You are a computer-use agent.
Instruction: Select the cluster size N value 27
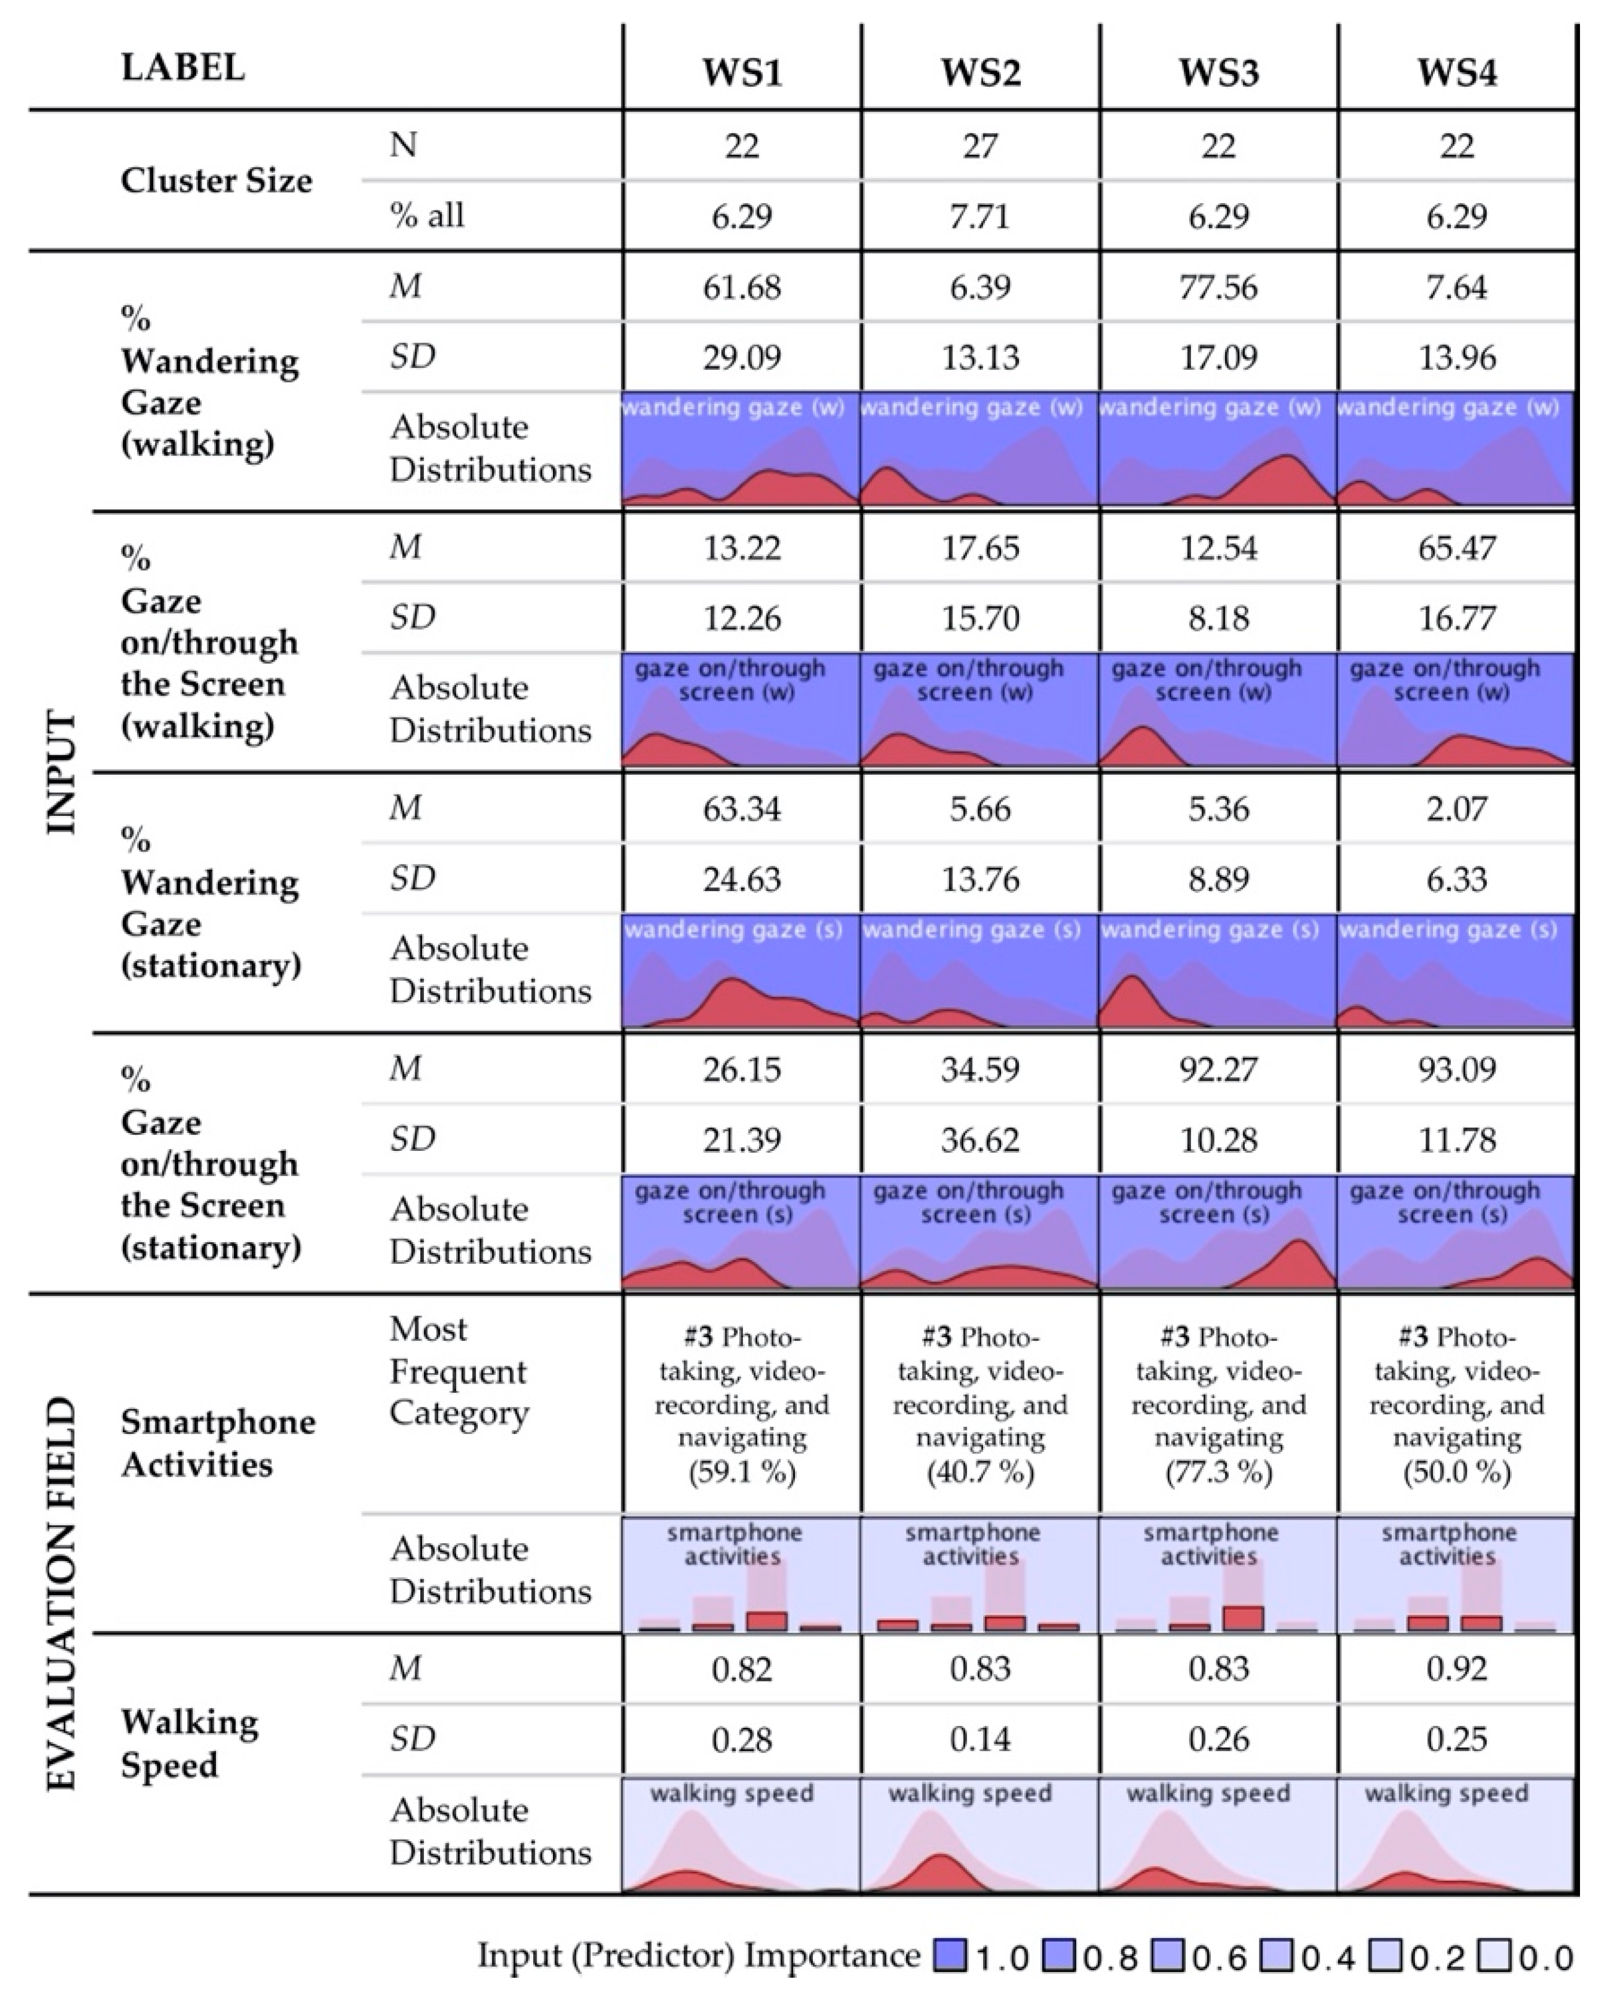tap(980, 145)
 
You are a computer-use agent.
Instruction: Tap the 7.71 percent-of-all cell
tap(980, 216)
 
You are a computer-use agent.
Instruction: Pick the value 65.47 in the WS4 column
tap(1457, 548)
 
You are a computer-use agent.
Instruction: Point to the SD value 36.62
tap(980, 1139)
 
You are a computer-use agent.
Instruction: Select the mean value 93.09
tap(1457, 1069)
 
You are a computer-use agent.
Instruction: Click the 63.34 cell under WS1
tap(742, 809)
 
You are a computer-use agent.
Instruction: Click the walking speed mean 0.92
tap(1457, 1669)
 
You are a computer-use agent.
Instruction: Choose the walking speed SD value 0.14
tap(980, 1739)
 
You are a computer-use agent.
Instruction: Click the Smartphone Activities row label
tap(217, 1443)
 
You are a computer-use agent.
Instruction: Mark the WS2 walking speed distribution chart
tap(980, 1834)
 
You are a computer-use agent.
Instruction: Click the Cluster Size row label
tap(216, 181)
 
